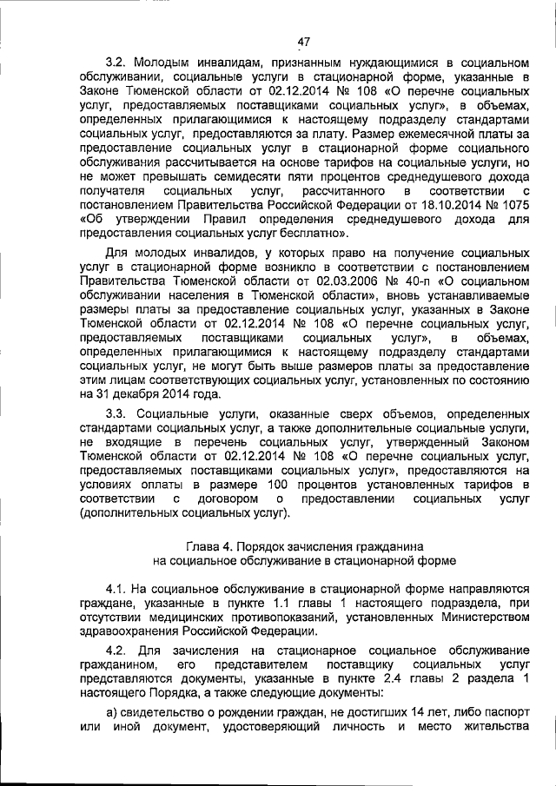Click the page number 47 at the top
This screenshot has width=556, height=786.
[x=303, y=41]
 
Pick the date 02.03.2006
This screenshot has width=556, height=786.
[x=334, y=282]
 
